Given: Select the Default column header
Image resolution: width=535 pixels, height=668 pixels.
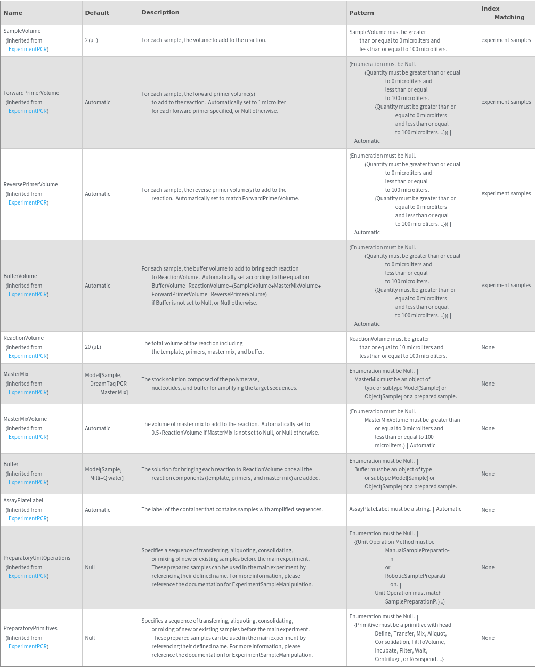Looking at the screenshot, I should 97,13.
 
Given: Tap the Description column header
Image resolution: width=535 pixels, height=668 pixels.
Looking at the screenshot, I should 160,12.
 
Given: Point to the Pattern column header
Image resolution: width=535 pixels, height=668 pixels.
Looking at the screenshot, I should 362,13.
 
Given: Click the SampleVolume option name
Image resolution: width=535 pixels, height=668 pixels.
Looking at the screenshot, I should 22,31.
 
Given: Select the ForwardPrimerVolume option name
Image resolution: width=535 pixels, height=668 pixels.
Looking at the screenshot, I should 31,93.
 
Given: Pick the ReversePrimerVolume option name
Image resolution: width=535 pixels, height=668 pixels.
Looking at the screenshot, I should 30,184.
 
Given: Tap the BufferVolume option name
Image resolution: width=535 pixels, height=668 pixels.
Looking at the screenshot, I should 20,276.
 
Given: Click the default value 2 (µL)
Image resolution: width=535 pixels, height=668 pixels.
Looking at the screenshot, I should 91,40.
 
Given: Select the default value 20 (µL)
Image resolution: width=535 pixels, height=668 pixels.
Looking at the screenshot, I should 93,347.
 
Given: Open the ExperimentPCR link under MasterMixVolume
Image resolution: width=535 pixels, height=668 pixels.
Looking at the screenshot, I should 28,437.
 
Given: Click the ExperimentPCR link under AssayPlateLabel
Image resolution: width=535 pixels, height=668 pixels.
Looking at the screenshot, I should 28,518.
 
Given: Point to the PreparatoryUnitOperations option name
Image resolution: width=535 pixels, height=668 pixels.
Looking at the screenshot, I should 37,558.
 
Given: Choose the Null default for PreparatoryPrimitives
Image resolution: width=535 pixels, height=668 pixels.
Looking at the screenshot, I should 90,638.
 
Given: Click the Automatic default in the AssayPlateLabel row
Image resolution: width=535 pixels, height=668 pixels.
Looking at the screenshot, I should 98,510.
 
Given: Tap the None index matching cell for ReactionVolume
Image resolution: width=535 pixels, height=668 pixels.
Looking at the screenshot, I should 488,347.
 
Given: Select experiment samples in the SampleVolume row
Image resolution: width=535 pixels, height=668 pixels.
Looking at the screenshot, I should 506,40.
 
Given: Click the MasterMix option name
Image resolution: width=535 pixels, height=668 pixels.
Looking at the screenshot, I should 16,374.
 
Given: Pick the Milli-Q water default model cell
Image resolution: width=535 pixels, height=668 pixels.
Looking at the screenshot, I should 104,474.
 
